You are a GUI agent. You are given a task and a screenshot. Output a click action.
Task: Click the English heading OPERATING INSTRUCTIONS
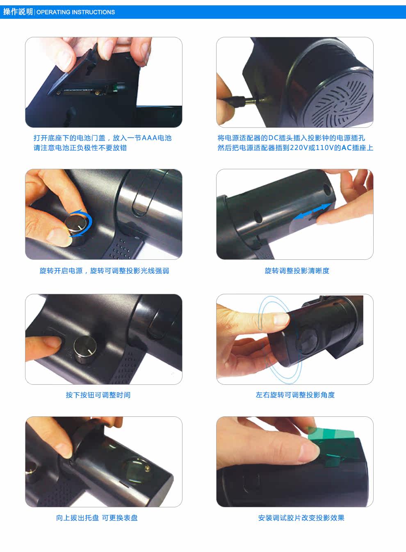[75, 12]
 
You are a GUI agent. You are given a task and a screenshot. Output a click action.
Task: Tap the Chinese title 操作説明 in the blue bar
[18, 12]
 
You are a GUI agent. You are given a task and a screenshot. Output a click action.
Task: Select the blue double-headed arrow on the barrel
[312, 211]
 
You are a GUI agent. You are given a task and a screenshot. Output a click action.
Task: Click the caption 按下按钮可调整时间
[98, 395]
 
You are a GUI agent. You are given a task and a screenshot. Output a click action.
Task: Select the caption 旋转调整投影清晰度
[297, 271]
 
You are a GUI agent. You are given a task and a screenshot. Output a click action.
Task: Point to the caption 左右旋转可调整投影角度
[295, 395]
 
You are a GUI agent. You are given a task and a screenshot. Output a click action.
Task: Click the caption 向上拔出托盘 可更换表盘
[97, 518]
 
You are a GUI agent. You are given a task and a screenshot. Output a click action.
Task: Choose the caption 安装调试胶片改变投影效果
[301, 518]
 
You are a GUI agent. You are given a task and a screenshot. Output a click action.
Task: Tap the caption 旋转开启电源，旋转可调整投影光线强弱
[104, 271]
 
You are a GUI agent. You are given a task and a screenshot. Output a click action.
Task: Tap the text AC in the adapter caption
[347, 148]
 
